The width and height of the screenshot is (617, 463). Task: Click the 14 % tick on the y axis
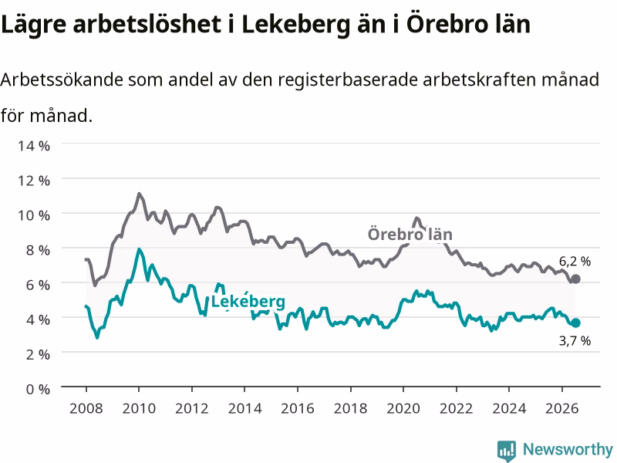[34, 146]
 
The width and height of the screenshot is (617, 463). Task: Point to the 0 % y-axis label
[38, 389]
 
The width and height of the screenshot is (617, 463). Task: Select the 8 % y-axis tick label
[38, 250]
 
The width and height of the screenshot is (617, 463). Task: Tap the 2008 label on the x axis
[86, 408]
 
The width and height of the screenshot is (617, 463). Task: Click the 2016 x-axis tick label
[298, 408]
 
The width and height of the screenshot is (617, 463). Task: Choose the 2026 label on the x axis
[562, 408]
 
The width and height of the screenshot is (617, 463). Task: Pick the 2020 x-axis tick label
[403, 408]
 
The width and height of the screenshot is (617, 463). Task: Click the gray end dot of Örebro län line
[575, 279]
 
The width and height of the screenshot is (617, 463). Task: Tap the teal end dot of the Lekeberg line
[575, 323]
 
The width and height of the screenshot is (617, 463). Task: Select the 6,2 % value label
[575, 262]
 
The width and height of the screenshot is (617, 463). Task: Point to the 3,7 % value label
[575, 340]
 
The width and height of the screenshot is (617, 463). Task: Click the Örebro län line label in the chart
[410, 235]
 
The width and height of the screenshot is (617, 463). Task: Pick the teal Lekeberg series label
[248, 302]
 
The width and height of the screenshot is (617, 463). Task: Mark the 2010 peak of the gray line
[139, 194]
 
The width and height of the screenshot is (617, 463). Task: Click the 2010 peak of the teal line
[139, 249]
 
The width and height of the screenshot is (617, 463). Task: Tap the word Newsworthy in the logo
[568, 449]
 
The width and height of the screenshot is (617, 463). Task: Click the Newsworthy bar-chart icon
[507, 451]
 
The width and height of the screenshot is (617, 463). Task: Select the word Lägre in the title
[34, 25]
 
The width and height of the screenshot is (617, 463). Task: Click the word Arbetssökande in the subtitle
[62, 80]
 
